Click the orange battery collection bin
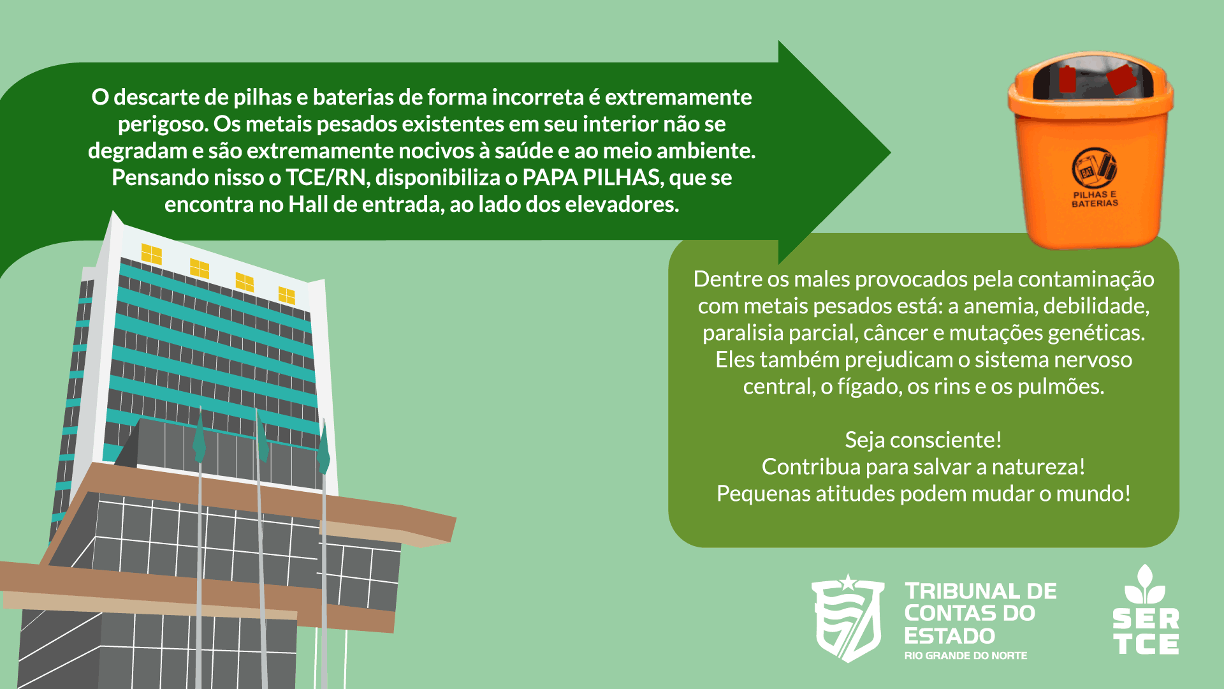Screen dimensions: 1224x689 (1091, 151)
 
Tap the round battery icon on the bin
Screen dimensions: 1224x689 (1094, 167)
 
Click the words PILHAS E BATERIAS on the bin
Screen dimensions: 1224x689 (1095, 199)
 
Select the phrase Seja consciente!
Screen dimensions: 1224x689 (923, 440)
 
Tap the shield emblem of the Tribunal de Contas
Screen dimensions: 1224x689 (847, 618)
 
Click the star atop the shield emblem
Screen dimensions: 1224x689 (847, 582)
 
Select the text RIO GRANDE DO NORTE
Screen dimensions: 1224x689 (966, 656)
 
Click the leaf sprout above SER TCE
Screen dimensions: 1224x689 (1145, 584)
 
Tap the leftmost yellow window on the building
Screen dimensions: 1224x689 (152, 254)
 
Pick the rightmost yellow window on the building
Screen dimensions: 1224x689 (287, 295)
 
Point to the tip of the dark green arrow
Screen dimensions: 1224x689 (891, 152)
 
